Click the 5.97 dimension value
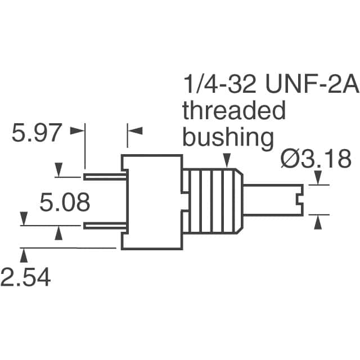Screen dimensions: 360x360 coord(37,133)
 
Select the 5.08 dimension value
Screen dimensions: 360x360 coord(65,202)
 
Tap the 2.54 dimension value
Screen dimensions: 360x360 coord(25,277)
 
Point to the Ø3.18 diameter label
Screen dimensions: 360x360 coord(316,159)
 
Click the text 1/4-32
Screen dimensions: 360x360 coord(220,84)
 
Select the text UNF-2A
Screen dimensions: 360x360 coord(312,84)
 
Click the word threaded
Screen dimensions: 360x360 coord(234,110)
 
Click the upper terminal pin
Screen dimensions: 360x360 coord(105,177)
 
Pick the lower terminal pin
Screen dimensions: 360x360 coord(105,226)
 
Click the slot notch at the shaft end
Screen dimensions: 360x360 coord(299,200)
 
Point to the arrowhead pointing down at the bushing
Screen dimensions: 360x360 coord(227,160)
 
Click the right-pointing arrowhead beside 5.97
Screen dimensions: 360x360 coord(76,130)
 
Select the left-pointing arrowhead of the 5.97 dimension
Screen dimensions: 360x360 coord(135,130)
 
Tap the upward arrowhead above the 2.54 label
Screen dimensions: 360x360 coord(24,256)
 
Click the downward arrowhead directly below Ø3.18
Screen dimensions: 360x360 coord(318,178)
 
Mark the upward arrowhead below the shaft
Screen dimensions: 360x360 coord(318,223)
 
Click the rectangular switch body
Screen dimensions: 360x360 coord(152,202)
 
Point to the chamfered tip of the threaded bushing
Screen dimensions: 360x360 coord(238,201)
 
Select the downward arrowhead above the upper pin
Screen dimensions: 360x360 coord(58,169)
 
